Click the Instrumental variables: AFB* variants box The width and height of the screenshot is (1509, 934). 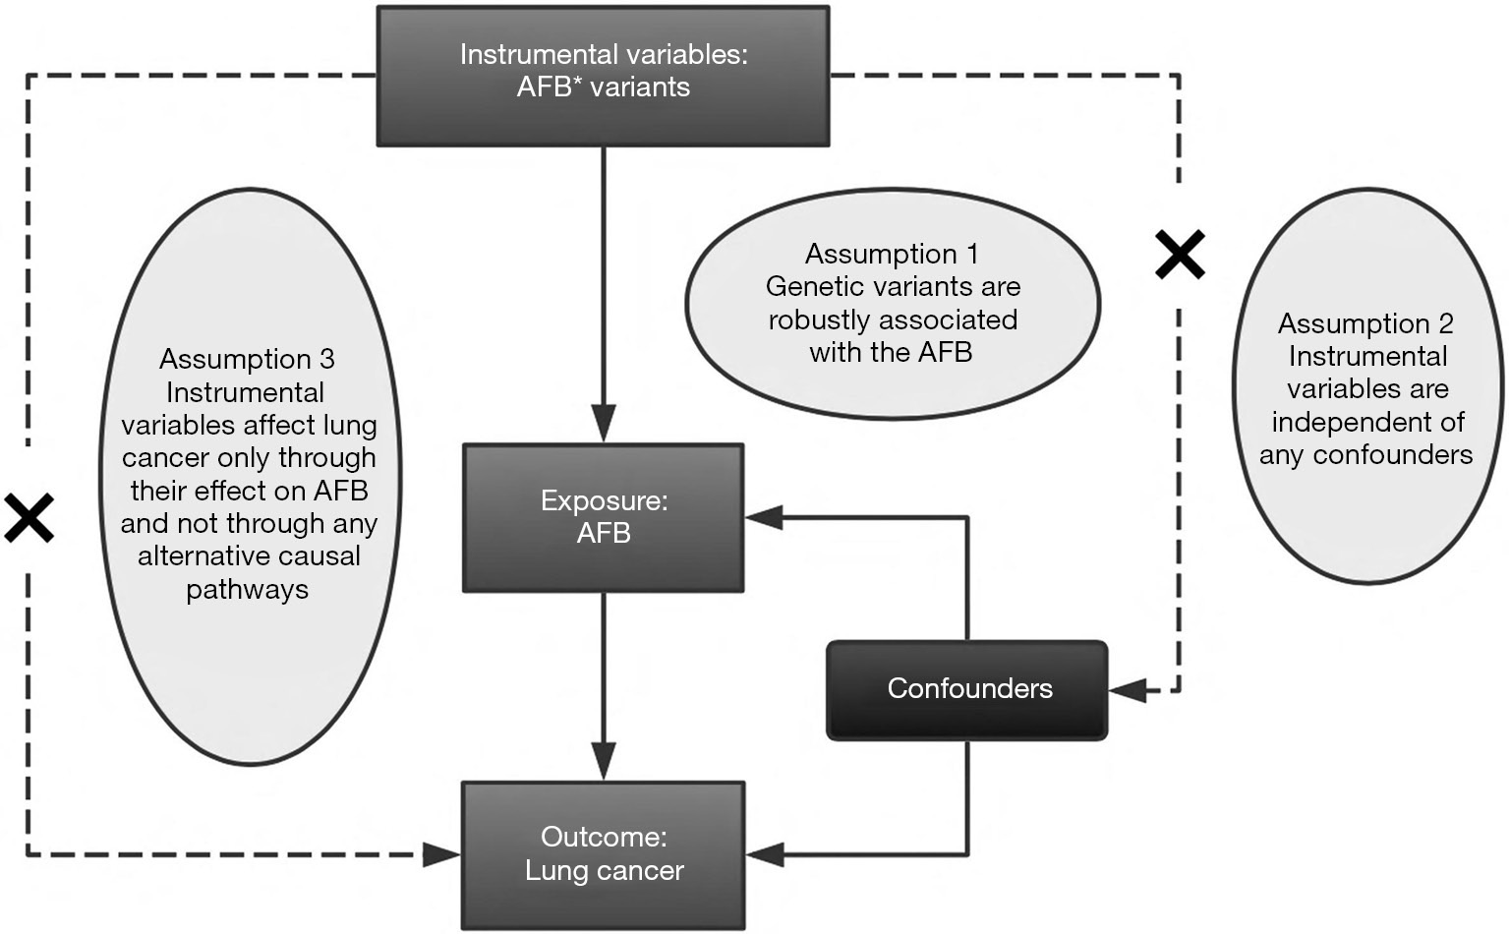[603, 76]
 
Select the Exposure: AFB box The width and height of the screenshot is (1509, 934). [604, 518]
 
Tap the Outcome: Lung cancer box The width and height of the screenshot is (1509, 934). [604, 855]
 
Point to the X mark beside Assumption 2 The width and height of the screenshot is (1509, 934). [1181, 254]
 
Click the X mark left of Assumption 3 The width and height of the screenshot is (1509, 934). [29, 517]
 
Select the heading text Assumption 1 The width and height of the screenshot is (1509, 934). [892, 254]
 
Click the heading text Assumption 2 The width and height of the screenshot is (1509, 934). [1365, 323]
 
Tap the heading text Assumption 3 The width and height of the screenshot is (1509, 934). [247, 359]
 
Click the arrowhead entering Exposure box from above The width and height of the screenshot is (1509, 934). [604, 423]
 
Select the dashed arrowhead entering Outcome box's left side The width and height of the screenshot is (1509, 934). [442, 855]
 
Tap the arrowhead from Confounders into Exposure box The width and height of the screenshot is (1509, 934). [764, 517]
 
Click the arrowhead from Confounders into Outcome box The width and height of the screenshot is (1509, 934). [765, 854]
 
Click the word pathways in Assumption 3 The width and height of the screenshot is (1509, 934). [247, 590]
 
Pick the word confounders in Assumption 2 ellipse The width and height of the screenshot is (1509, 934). [1392, 455]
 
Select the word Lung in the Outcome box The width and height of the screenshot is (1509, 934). [554, 871]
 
